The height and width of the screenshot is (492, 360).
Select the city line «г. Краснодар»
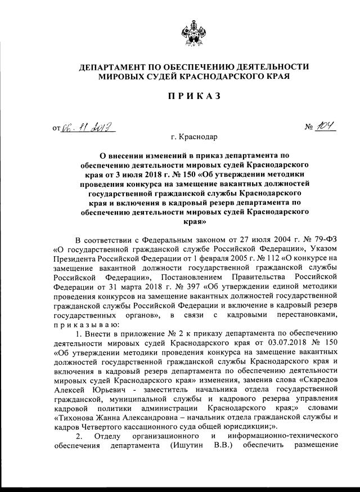click(195, 137)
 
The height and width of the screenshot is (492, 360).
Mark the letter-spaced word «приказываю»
click(86, 326)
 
